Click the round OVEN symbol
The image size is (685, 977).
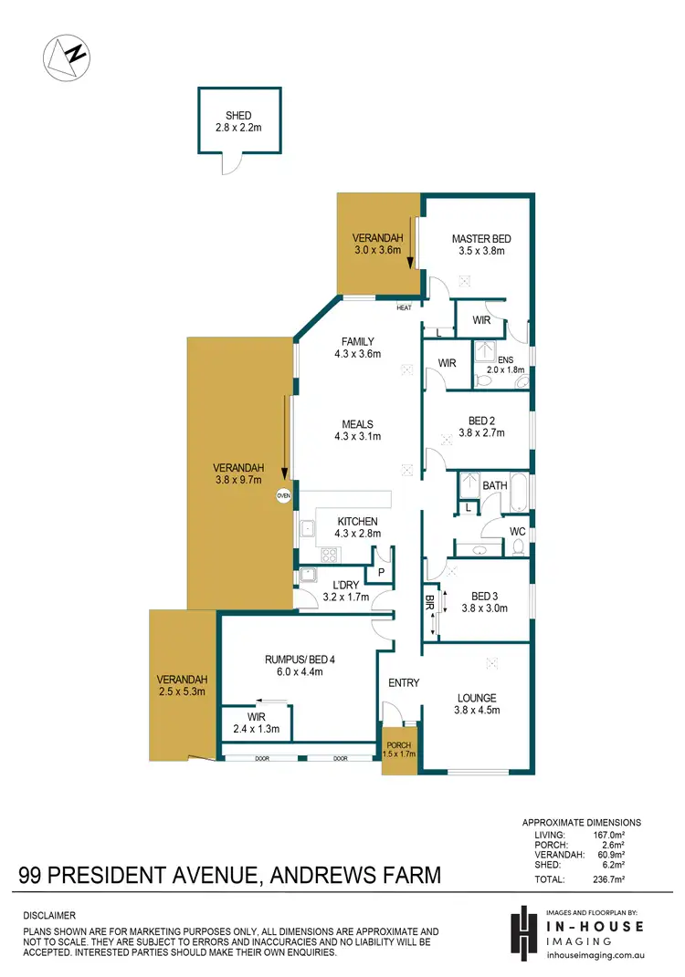[x=283, y=495]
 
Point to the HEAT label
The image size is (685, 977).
[x=405, y=307]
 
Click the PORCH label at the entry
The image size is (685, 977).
[x=398, y=745]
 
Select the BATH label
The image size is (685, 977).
[x=495, y=486]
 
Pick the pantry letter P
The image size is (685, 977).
[x=379, y=572]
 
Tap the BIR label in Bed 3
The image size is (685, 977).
[x=429, y=601]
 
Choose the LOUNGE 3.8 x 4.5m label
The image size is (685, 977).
[x=477, y=703]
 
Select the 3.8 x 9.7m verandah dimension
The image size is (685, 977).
[x=237, y=479]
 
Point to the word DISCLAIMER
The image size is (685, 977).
[x=49, y=914]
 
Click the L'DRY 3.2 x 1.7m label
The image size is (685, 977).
[x=345, y=590]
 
